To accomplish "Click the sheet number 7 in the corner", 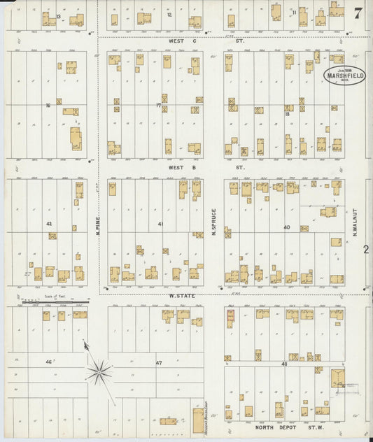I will click(x=358, y=12).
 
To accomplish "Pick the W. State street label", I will click(x=181, y=296).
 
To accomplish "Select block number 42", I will click(x=49, y=224).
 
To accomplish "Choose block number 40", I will click(x=287, y=227).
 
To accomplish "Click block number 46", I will click(x=49, y=362).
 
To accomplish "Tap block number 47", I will click(x=159, y=362).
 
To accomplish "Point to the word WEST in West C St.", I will click(x=175, y=41).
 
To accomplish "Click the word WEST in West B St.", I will click(x=175, y=168).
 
